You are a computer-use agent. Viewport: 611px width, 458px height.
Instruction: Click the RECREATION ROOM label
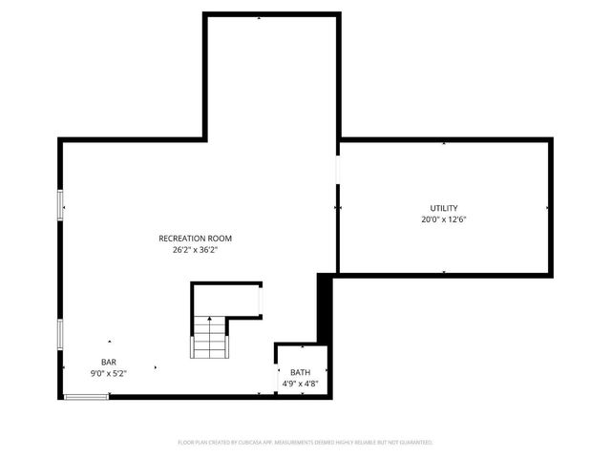(x=195, y=239)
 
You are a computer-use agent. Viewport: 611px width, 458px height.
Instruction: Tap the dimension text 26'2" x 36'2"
(x=195, y=250)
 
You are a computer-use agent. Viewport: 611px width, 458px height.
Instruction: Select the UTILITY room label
(x=443, y=208)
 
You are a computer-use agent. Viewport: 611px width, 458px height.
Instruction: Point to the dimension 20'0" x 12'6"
(x=443, y=219)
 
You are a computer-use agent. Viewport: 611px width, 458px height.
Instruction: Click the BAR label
(x=109, y=363)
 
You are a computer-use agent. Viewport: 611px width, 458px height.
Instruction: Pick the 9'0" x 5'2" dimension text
(x=109, y=374)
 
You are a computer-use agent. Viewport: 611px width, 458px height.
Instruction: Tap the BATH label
(x=301, y=372)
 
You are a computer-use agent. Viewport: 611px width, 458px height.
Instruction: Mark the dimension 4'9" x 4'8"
(x=301, y=384)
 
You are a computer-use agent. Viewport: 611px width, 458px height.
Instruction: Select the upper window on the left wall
(x=61, y=205)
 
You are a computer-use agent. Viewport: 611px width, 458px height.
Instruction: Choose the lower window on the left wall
(x=61, y=333)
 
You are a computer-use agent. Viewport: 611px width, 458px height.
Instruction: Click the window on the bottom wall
(x=86, y=397)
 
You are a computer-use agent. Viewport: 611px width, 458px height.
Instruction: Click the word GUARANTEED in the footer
(x=416, y=443)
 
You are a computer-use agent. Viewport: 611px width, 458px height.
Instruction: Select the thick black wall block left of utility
(x=324, y=305)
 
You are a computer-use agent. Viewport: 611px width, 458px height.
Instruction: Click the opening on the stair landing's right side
(x=261, y=302)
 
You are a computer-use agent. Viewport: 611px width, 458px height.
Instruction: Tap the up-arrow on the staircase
(x=209, y=324)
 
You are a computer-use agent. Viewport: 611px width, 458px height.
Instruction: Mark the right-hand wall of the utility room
(x=551, y=207)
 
